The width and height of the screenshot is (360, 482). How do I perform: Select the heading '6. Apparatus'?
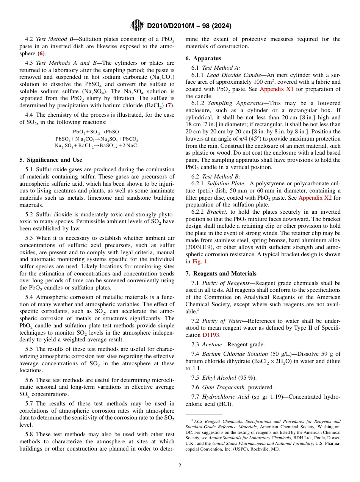pos(203,58)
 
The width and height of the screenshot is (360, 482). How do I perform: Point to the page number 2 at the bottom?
pos(180,465)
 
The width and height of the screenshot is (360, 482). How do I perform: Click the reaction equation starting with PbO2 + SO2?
pos(97,132)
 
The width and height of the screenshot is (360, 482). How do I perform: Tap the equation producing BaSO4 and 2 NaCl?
pos(97,146)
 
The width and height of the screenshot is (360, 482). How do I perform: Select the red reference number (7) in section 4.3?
pos(169,105)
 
